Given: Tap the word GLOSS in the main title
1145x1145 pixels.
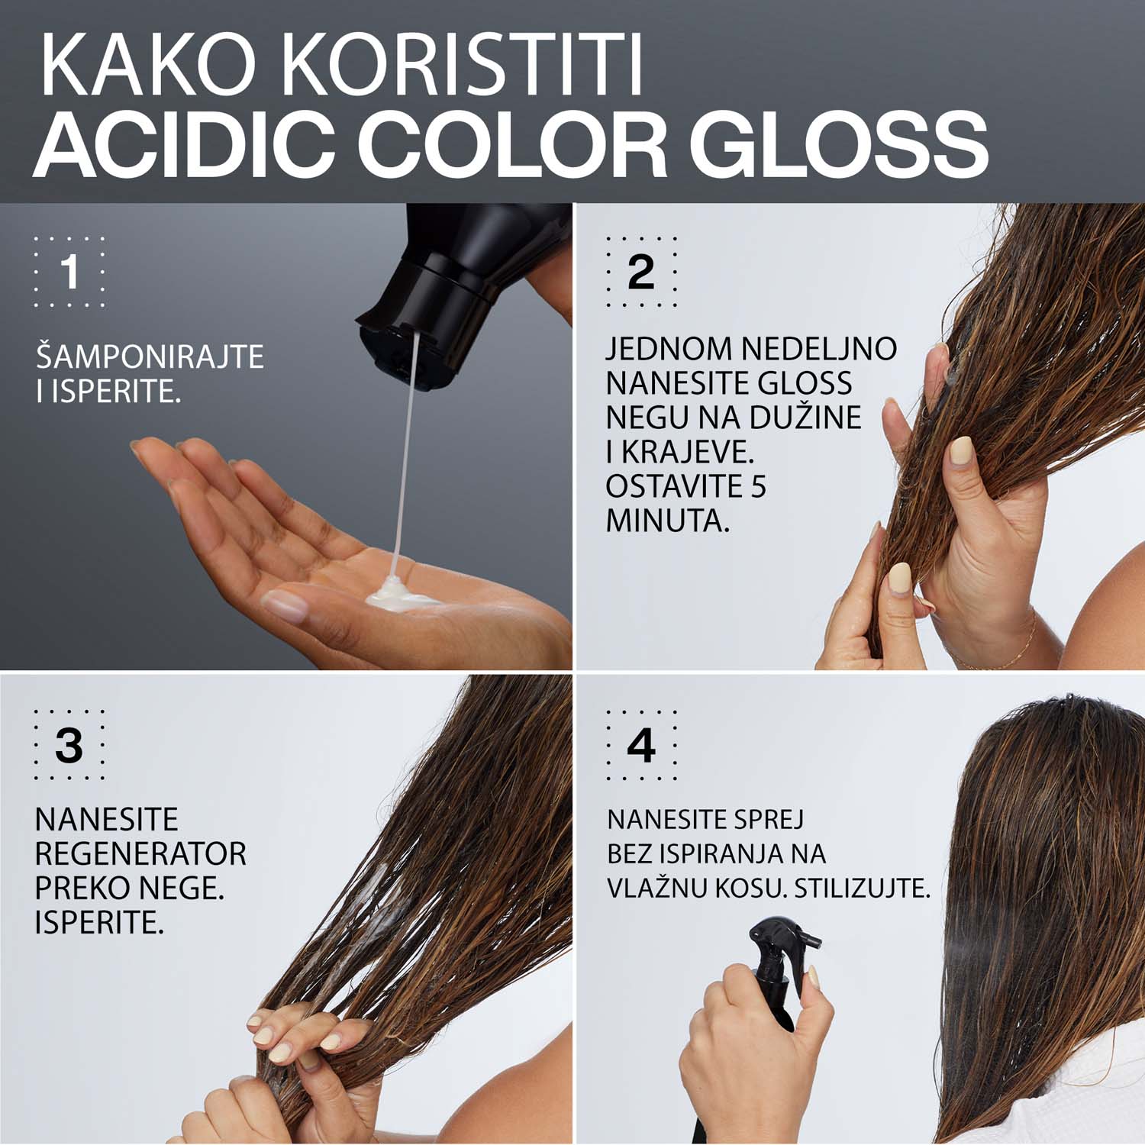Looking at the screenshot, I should click(x=843, y=145).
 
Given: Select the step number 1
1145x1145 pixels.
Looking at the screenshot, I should click(x=69, y=272).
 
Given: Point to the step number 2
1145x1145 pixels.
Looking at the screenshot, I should click(x=641, y=272).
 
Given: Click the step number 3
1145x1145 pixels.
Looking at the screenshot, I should click(x=69, y=745).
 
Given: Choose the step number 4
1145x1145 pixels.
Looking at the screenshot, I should click(x=641, y=745).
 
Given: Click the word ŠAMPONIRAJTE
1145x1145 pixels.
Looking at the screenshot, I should click(x=150, y=357).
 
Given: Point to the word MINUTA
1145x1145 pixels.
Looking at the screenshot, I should click(x=667, y=521).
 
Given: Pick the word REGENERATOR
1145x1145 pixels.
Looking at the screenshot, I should click(x=141, y=854).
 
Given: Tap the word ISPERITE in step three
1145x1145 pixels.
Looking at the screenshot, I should click(x=99, y=923).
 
